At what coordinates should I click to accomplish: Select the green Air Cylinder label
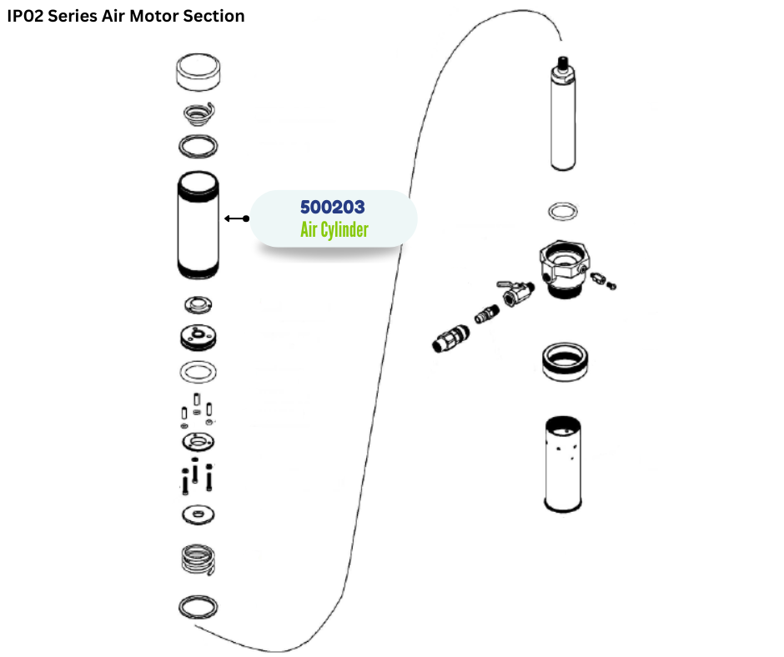click(334, 229)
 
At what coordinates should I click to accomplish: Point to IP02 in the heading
click(26, 16)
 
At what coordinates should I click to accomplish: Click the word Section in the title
click(216, 16)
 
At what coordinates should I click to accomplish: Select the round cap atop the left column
click(199, 73)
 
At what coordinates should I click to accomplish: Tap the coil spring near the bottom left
click(199, 559)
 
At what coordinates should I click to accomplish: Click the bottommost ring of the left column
click(199, 608)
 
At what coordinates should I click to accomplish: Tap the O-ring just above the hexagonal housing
click(563, 211)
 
